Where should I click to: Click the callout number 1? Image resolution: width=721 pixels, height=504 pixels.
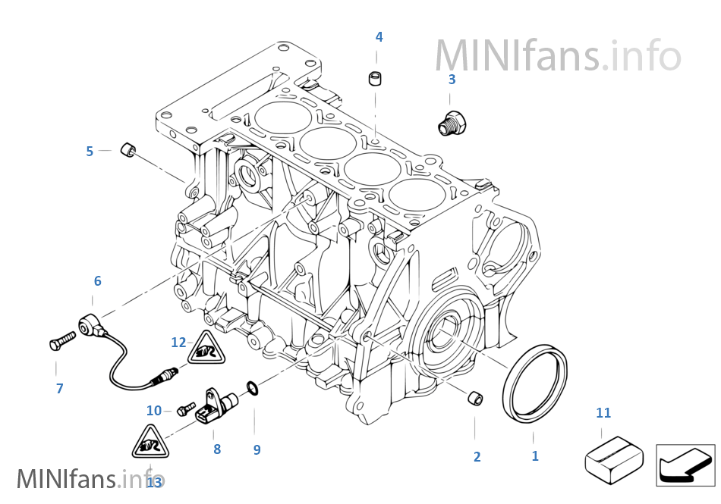click(x=535, y=455)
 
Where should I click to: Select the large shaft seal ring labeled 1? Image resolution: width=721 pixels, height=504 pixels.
click(x=536, y=383)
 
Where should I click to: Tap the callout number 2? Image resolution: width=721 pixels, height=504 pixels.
click(x=477, y=456)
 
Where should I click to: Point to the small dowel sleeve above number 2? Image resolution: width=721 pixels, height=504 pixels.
click(x=475, y=396)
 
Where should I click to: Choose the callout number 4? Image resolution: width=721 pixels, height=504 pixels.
click(x=379, y=36)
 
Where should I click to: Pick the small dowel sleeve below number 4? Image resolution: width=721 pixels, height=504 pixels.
click(x=375, y=78)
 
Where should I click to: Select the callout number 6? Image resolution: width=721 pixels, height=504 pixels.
click(x=97, y=281)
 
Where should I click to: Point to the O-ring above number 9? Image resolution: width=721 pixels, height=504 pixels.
click(x=253, y=390)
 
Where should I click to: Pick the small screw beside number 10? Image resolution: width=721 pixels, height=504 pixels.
click(x=182, y=412)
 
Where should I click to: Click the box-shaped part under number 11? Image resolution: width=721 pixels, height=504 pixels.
click(x=609, y=459)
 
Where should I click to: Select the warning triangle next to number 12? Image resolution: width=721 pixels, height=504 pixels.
click(x=206, y=349)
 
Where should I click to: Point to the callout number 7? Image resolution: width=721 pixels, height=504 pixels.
click(x=59, y=389)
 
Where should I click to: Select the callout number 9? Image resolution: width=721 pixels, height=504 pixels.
click(x=257, y=449)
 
